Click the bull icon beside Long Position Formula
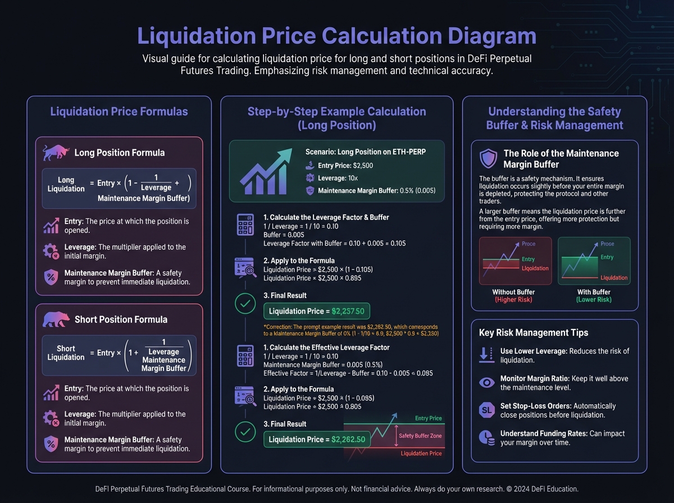coord(55,152)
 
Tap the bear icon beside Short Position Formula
coord(55,319)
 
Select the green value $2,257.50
coord(348,311)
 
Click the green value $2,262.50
coord(348,439)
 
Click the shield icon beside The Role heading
coord(488,159)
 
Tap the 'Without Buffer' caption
coord(513,292)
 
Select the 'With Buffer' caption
coord(594,292)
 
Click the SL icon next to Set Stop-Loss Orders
coord(486,410)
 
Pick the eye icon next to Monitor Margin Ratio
coord(486,382)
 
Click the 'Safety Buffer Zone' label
coord(420,436)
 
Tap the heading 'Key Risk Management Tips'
coord(534,332)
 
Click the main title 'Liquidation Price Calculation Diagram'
coord(337,36)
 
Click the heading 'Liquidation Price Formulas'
coord(119,111)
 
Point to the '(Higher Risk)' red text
coord(513,300)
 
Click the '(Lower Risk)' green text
coord(594,300)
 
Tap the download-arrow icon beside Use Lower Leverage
coord(486,355)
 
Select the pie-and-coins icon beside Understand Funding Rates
coord(486,437)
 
